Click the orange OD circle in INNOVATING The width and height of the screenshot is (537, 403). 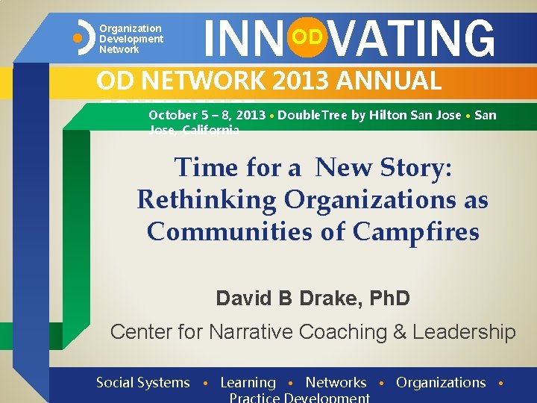click(x=307, y=37)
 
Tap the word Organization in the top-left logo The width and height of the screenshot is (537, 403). click(x=131, y=28)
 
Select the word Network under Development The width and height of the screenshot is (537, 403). click(x=119, y=49)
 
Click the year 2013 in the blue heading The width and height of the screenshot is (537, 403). click(x=306, y=81)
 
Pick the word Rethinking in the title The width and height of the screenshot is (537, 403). click(x=197, y=200)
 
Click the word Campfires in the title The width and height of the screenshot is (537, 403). click(x=415, y=232)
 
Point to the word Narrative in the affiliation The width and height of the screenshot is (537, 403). click(x=254, y=331)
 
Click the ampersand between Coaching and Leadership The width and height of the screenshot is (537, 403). click(x=389, y=331)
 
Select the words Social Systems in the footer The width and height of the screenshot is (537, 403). click(x=143, y=383)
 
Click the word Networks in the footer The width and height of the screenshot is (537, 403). click(x=336, y=383)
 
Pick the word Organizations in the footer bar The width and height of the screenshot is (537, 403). click(x=441, y=383)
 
